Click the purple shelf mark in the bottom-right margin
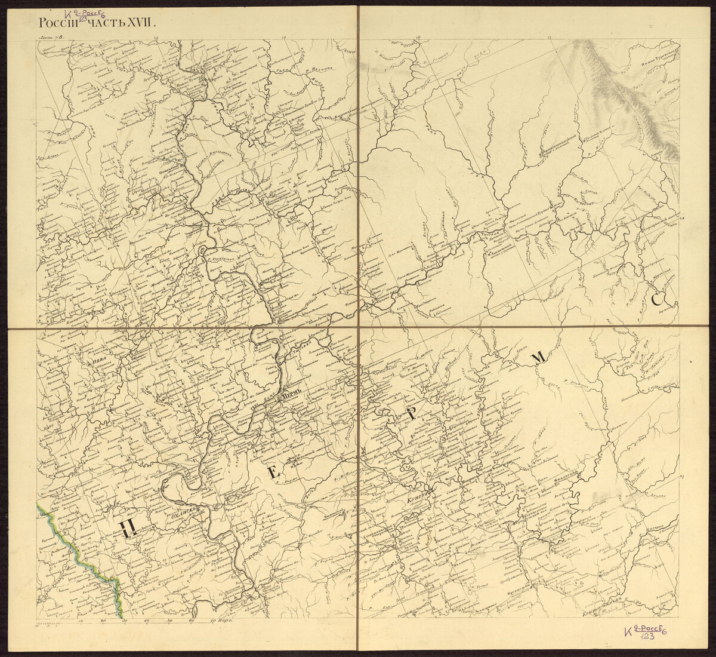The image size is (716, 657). click(x=644, y=633)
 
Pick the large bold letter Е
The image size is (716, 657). click(x=274, y=473)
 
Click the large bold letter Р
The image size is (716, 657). click(x=411, y=417)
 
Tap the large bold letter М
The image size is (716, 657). click(x=538, y=357)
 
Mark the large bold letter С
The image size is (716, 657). click(x=657, y=300)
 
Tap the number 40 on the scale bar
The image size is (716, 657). click(x=147, y=621)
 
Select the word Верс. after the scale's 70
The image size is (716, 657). click(x=224, y=621)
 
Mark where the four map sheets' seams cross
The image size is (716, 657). click(x=358, y=327)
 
